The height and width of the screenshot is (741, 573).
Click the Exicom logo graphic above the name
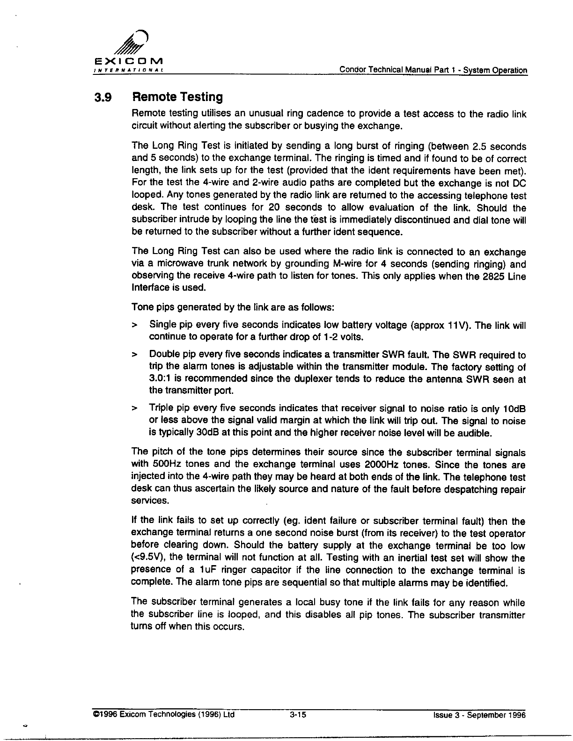[135, 44]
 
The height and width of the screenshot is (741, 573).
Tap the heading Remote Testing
[177, 97]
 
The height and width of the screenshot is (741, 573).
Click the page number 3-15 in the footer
[298, 715]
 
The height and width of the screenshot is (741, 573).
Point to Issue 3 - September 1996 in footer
[480, 715]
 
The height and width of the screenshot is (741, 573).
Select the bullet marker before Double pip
[135, 355]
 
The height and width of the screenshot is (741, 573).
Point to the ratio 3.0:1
[159, 379]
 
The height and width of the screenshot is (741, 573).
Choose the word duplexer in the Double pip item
[320, 379]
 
